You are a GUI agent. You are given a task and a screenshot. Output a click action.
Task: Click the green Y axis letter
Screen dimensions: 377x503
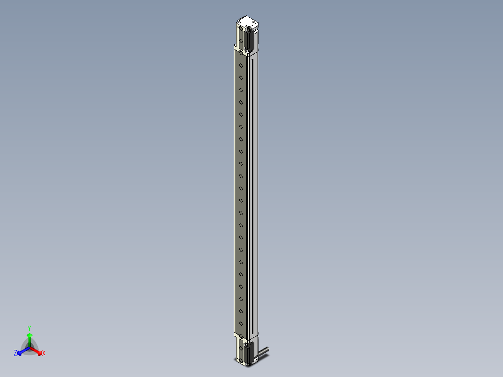pyautogui.click(x=29, y=328)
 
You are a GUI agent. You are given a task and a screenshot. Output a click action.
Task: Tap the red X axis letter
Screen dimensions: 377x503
pyautogui.click(x=44, y=354)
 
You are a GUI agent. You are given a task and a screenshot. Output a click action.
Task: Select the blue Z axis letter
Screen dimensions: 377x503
pyautogui.click(x=15, y=354)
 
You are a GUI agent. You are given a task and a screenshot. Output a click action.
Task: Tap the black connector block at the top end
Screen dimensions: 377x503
pyautogui.click(x=250, y=39)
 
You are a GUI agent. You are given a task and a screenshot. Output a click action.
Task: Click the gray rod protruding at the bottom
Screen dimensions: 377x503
pyautogui.click(x=263, y=350)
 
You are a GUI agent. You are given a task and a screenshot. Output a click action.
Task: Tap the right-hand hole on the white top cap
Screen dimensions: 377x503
pyautogui.click(x=252, y=22)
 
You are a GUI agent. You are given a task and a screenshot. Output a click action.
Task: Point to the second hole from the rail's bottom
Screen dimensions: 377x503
pyautogui.click(x=241, y=311)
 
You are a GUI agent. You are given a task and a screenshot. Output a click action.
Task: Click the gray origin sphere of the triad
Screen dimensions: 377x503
pyautogui.click(x=29, y=348)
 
